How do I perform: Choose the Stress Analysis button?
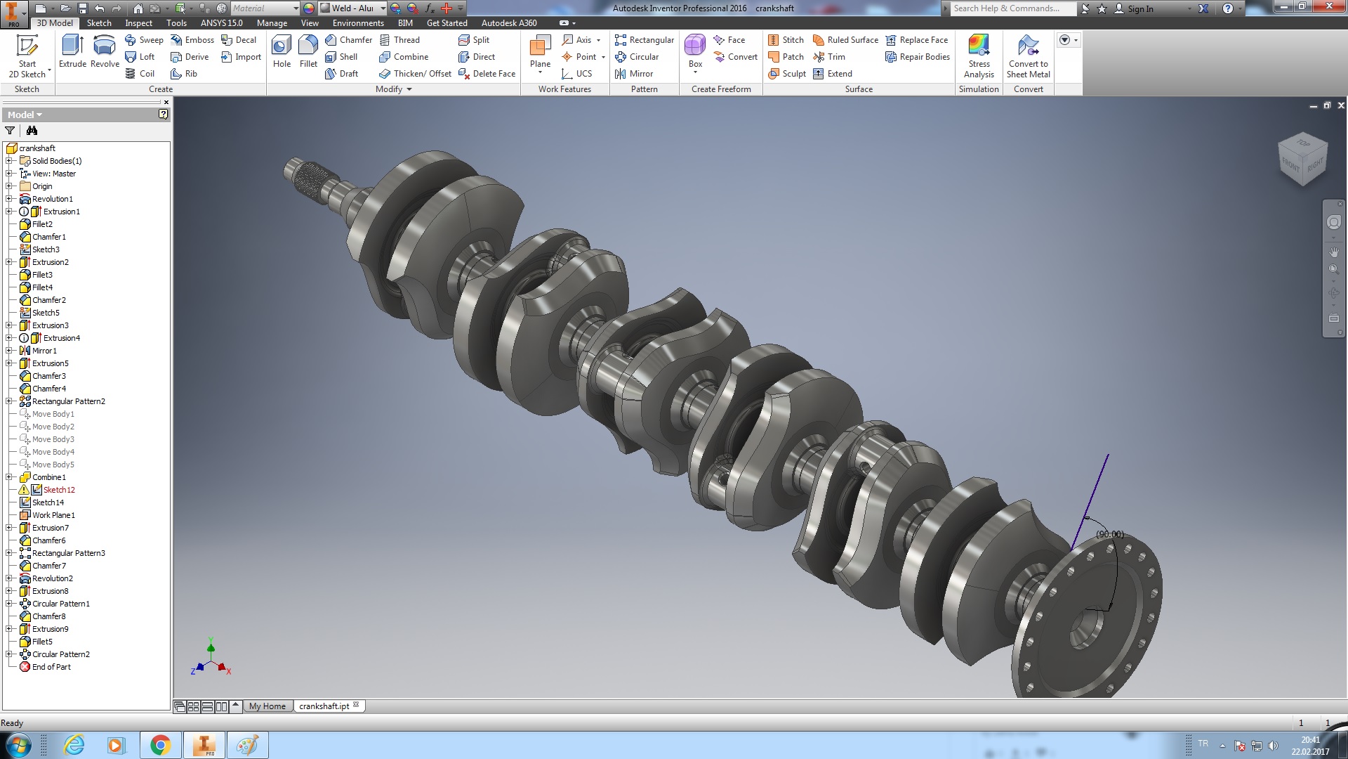click(979, 56)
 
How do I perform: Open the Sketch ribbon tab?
click(99, 22)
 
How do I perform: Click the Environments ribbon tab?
click(358, 22)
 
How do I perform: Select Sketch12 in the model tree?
click(59, 490)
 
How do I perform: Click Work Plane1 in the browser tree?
click(53, 515)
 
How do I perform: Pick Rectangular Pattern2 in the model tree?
click(68, 401)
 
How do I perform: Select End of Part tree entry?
click(51, 667)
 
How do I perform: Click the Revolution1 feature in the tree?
click(52, 199)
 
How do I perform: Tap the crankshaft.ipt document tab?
click(324, 706)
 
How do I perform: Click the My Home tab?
click(267, 706)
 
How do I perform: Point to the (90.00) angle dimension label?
click(1110, 534)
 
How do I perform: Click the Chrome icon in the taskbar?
click(160, 745)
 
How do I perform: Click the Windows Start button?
click(18, 745)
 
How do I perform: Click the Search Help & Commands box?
click(1011, 8)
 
